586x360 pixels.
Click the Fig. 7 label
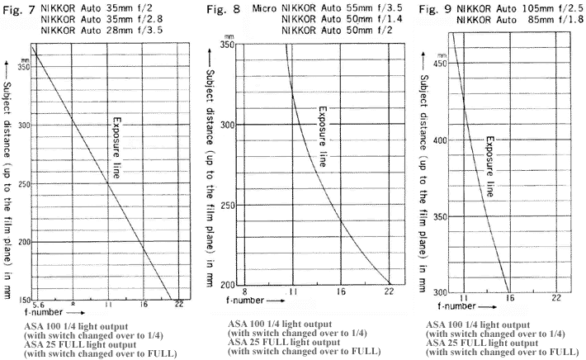19,11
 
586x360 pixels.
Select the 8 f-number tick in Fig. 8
244,291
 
